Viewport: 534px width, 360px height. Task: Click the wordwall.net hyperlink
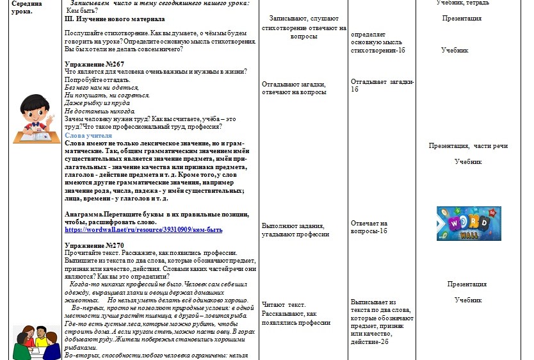[143, 229]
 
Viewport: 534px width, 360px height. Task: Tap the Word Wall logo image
[460, 223]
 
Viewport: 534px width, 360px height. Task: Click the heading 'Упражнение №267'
[95, 64]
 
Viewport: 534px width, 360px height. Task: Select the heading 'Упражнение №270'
[95, 245]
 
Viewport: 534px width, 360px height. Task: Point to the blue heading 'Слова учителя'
[88, 136]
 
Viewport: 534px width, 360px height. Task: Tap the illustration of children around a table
[34, 342]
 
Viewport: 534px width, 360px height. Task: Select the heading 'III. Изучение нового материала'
[110, 19]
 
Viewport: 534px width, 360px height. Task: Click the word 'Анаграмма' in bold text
[86, 214]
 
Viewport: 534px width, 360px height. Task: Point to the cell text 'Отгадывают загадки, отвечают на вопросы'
[294, 88]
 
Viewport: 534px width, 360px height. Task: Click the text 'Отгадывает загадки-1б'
[382, 85]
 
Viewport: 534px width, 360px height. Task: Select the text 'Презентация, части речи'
[468, 146]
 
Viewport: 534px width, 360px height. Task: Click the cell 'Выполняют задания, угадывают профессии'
[296, 229]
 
